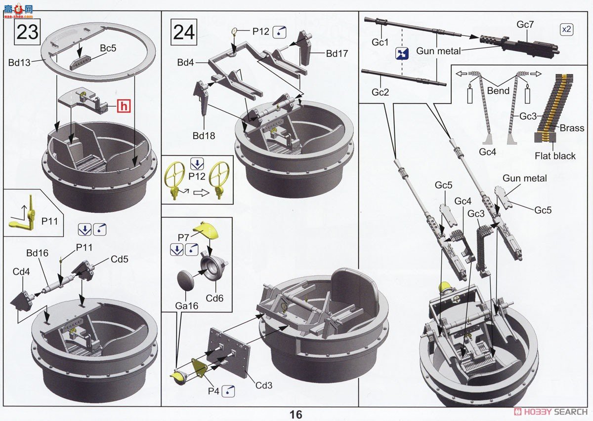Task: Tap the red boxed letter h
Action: click(x=125, y=105)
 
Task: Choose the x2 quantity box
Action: click(x=566, y=29)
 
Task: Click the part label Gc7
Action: click(x=525, y=24)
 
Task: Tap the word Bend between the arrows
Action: click(x=498, y=91)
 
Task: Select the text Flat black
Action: click(x=555, y=156)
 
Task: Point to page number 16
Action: click(x=296, y=414)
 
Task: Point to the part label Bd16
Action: click(x=37, y=253)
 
